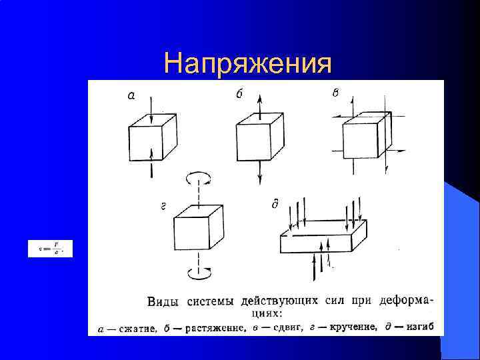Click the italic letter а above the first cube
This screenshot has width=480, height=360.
coord(131,96)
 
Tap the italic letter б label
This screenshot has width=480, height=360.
coord(239,94)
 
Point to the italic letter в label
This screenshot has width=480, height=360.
coord(335,93)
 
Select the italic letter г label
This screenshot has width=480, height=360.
coord(164,207)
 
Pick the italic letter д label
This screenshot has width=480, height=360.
coord(275,204)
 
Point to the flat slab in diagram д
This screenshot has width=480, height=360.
coord(323,238)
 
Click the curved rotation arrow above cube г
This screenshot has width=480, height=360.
coord(198,177)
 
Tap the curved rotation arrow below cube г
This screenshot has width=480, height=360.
coord(198,272)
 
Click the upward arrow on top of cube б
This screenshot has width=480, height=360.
coord(259,103)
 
